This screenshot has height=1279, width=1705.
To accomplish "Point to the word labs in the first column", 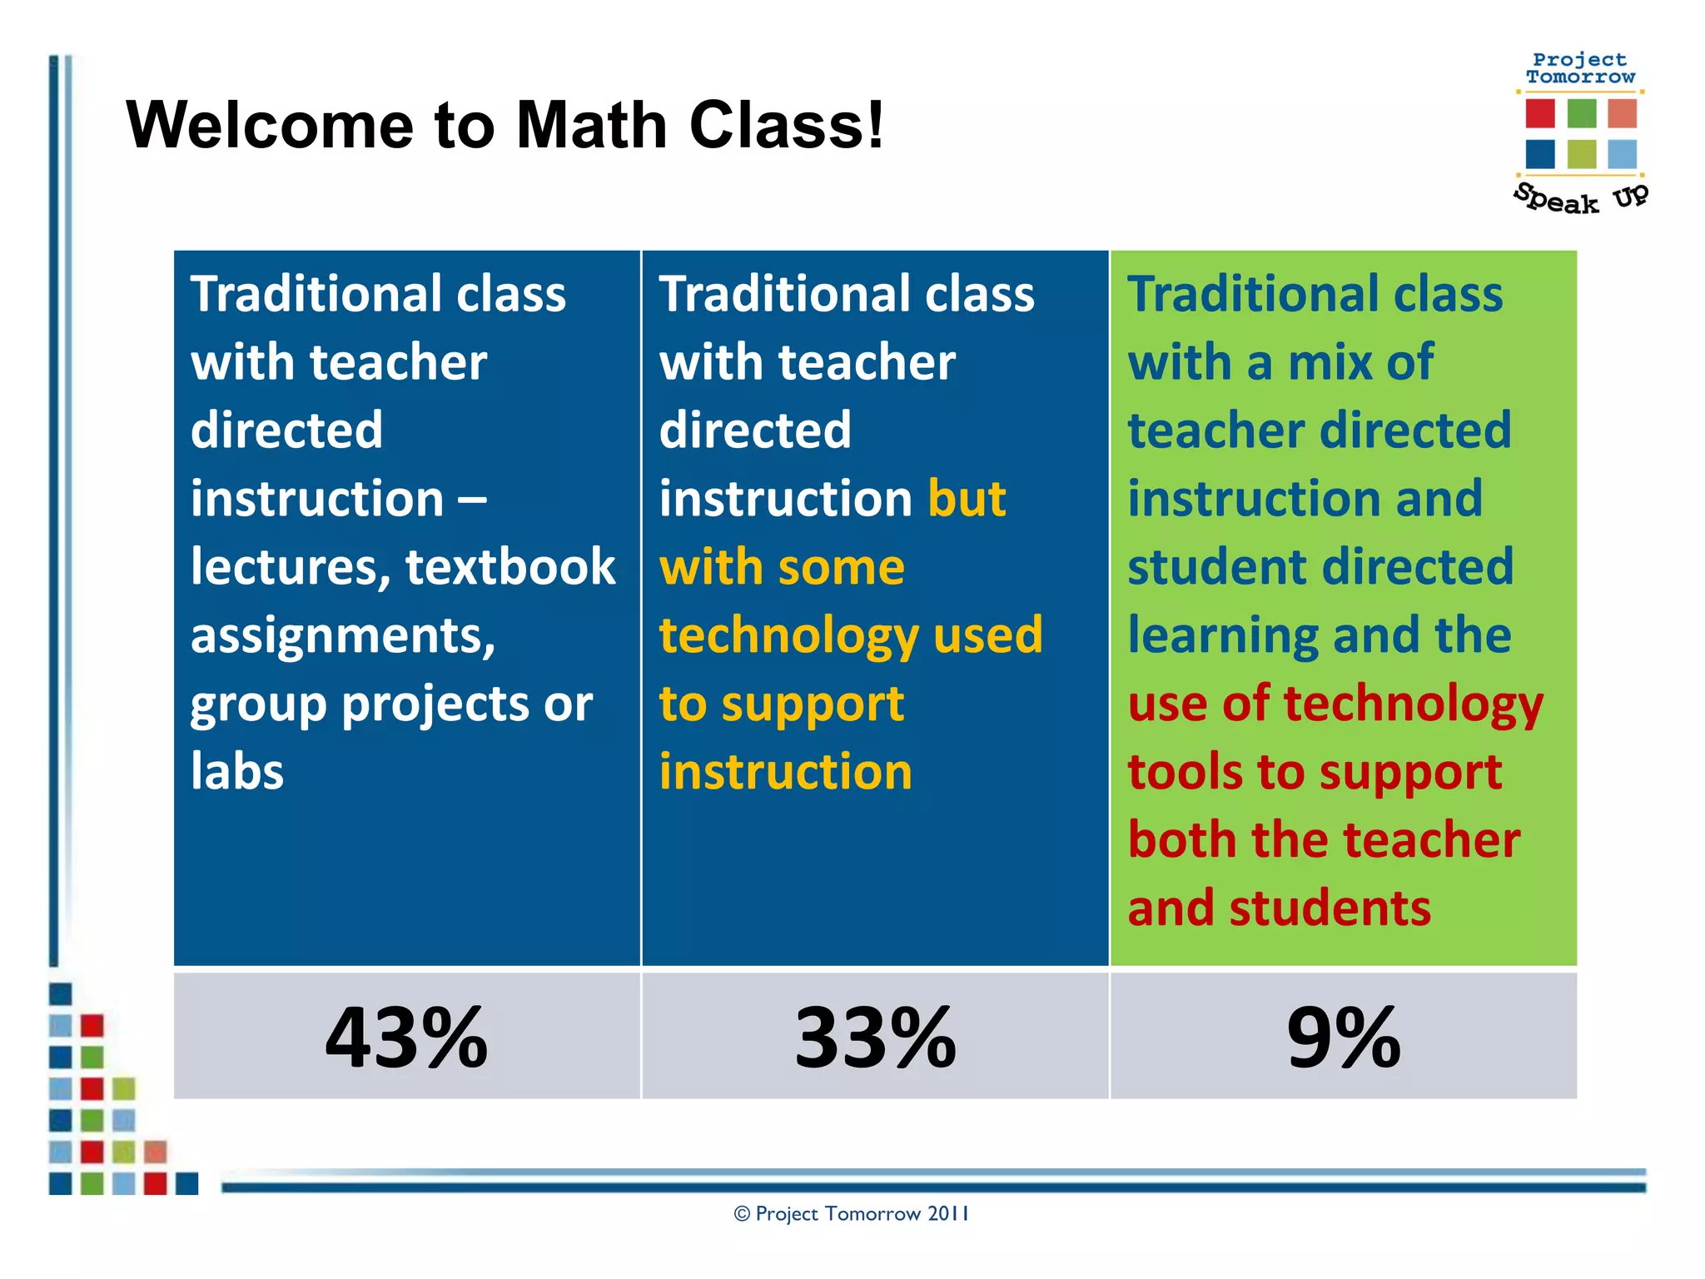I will click(237, 771).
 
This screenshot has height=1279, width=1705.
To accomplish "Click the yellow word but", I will click(967, 498).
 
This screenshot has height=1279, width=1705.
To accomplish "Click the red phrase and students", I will click(1279, 908).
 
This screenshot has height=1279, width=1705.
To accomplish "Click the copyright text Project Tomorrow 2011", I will click(851, 1213).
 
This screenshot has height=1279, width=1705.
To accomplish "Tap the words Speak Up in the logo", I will click(1579, 199).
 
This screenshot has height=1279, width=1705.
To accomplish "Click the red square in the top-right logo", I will click(1540, 113).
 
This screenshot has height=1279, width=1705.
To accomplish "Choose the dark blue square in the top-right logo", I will click(1540, 154).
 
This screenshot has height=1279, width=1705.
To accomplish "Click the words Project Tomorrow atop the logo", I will click(1580, 68).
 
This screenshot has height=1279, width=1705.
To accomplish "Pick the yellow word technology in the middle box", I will click(788, 635).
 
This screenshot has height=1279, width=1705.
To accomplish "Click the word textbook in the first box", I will click(510, 566).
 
